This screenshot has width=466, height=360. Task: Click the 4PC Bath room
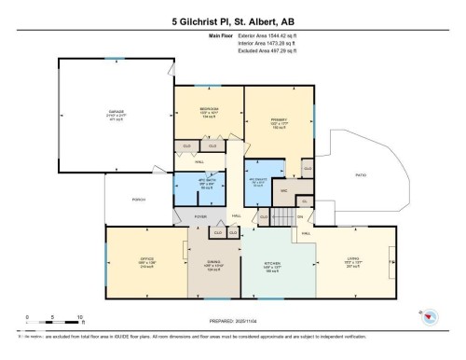click(199, 185)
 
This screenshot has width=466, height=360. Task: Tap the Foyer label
click(199, 217)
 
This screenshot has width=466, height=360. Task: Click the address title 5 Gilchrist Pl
click(232, 21)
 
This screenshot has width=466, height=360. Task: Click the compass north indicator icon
click(431, 318)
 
